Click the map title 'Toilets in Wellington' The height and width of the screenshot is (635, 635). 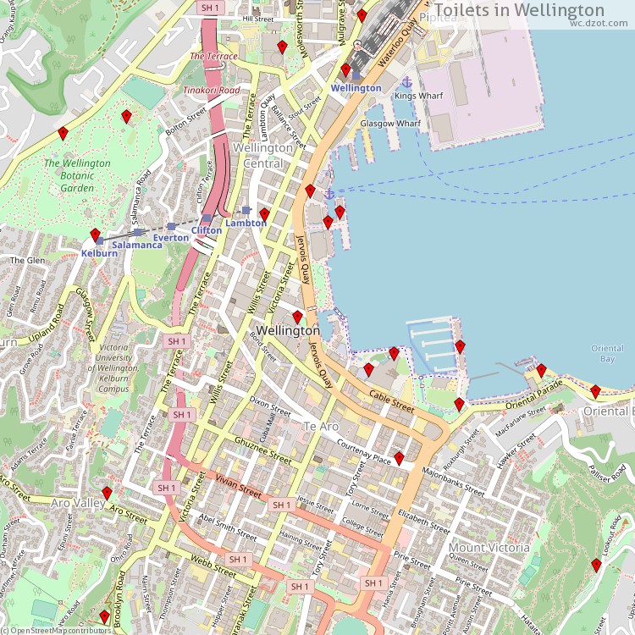(x=522, y=10)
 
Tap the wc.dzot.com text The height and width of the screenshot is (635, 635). (x=599, y=24)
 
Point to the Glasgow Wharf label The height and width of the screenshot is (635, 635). (x=390, y=124)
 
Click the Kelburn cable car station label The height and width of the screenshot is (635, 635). (x=99, y=253)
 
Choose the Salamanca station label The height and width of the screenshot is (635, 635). (x=137, y=245)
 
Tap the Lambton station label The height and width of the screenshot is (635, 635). (x=246, y=224)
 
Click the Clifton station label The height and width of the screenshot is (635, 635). (x=207, y=230)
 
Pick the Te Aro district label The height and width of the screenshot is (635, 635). (x=321, y=426)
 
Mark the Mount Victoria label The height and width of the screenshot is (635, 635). (x=489, y=547)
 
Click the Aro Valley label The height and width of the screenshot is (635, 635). (x=77, y=503)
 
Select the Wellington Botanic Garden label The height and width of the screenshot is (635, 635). (x=76, y=175)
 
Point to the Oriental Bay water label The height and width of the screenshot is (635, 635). (x=607, y=354)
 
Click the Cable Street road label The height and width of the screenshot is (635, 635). (x=392, y=400)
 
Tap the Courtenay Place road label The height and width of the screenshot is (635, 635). (x=363, y=452)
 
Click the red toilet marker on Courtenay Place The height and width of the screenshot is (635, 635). (x=399, y=458)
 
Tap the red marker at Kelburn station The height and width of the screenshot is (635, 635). (x=95, y=235)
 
